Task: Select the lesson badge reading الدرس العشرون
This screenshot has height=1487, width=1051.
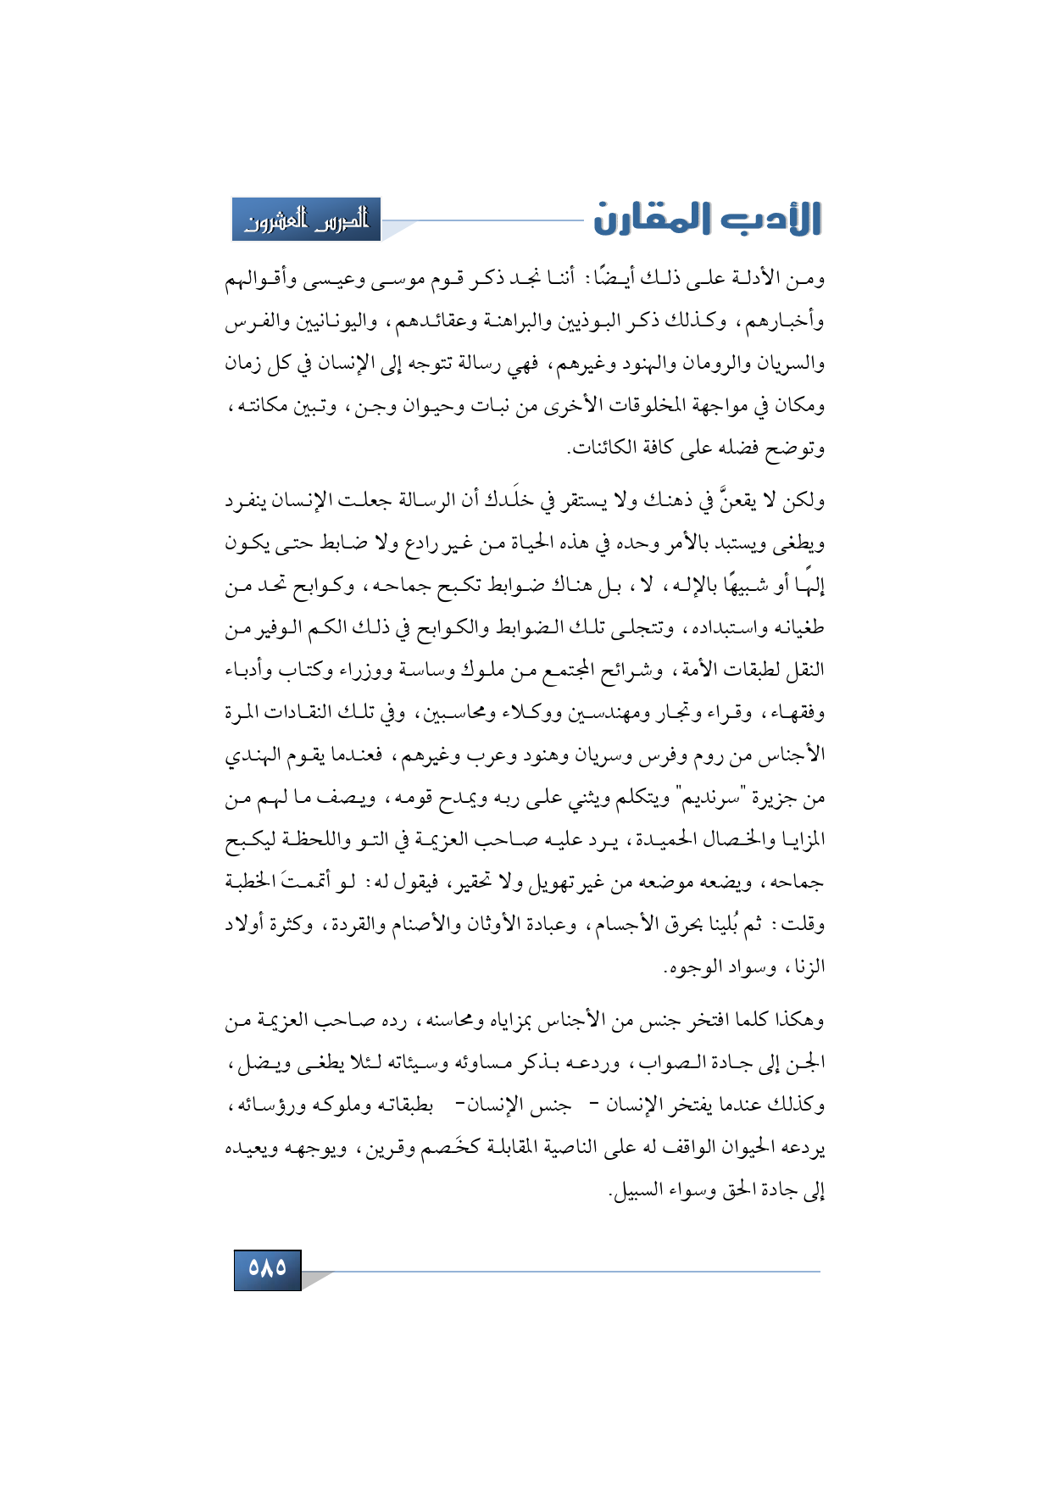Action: click(307, 220)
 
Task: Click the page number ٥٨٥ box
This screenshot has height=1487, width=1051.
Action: click(267, 1268)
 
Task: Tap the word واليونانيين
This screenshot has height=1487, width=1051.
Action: click(329, 322)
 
